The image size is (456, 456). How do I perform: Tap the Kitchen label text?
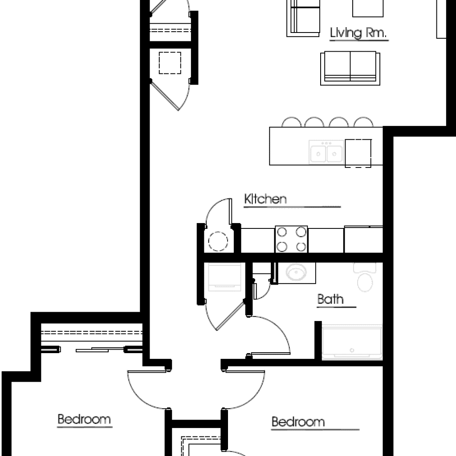tap(265, 199)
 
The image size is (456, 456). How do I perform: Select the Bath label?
tap(330, 299)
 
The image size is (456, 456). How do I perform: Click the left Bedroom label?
tap(84, 419)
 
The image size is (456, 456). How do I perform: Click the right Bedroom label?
tap(298, 421)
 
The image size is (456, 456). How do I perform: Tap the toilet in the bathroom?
tap(365, 278)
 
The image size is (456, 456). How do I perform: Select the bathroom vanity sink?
tap(294, 272)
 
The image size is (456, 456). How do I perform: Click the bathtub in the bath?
tap(352, 342)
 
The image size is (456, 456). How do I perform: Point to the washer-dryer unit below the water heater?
tap(224, 276)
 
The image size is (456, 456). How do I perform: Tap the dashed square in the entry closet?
tap(170, 63)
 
